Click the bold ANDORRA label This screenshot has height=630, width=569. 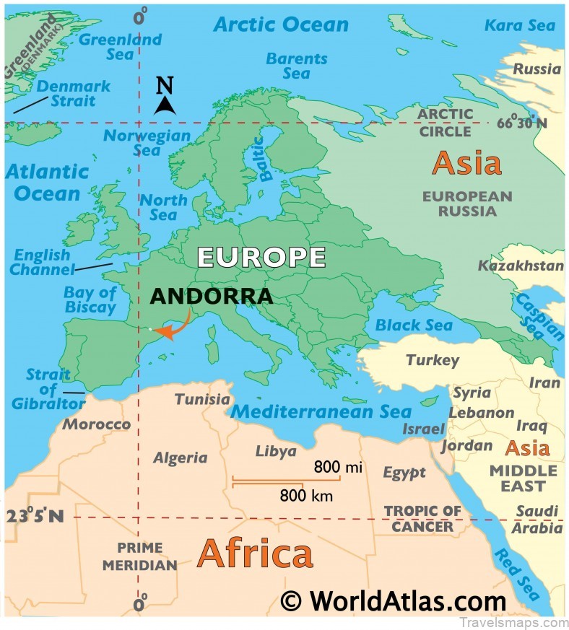point(212,296)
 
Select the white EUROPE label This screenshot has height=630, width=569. point(261,257)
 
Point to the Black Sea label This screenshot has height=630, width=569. point(414,325)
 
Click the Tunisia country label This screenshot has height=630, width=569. point(202,399)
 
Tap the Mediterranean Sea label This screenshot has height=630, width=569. point(321,412)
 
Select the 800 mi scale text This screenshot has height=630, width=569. point(337,467)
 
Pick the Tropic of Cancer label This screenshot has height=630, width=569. point(422,518)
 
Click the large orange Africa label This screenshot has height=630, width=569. point(255,554)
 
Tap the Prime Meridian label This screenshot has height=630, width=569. point(139,556)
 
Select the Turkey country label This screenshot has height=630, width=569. point(432,360)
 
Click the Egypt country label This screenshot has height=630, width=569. point(404,473)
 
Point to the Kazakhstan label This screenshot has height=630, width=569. point(521,266)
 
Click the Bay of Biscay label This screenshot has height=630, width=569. point(90,299)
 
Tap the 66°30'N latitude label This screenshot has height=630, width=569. point(521,123)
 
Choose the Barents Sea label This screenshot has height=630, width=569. point(296,66)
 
